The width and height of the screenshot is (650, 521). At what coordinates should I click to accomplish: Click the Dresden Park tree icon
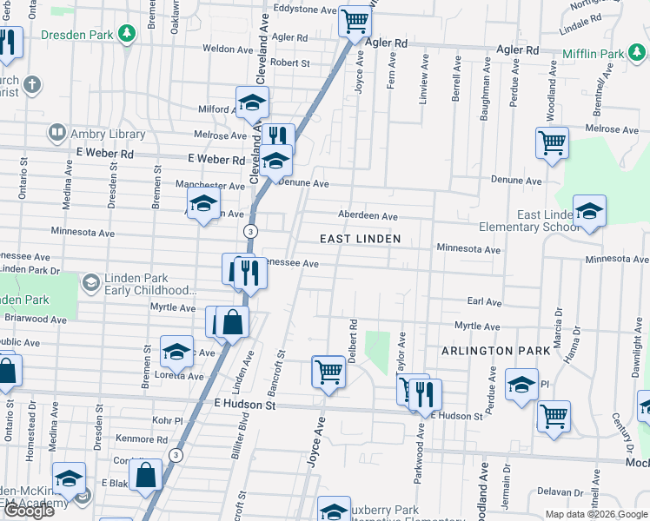coord(128,34)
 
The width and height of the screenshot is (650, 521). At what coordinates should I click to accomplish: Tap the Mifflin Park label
coord(594,54)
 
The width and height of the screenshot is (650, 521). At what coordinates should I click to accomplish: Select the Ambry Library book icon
coord(56,134)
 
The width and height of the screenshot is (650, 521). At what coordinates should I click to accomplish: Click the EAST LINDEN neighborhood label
coord(360,239)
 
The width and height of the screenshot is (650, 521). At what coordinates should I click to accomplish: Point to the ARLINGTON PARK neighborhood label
coord(495,351)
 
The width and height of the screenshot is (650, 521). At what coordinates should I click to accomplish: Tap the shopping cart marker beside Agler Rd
coord(355,21)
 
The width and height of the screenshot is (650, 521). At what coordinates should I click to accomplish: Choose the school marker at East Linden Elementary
coord(589,211)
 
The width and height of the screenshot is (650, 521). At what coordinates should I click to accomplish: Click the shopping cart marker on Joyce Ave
coord(328,371)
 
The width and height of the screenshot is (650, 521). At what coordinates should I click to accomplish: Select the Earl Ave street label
coord(485,302)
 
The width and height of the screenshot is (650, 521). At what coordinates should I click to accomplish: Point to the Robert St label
coord(289,63)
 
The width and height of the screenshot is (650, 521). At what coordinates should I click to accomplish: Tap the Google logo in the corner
coord(29,511)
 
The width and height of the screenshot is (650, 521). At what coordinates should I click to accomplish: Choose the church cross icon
coord(33,85)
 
